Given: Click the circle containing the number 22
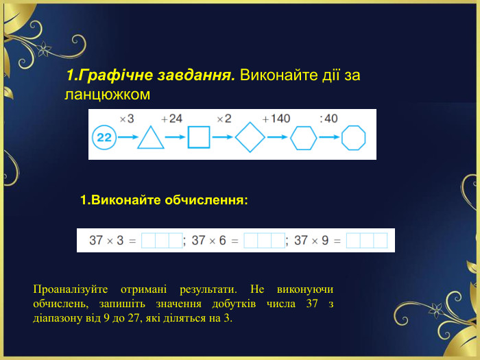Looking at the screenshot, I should (105, 137).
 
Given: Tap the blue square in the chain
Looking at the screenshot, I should (198, 137).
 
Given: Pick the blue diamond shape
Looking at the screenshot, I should (250, 137).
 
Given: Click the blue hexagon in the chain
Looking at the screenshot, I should (302, 137).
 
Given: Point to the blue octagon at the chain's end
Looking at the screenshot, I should (355, 137).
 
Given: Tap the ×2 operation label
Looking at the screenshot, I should (224, 119).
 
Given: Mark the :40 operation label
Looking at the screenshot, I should (328, 119).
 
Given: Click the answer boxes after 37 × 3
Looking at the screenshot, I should (162, 241).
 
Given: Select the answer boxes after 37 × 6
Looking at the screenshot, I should (264, 241).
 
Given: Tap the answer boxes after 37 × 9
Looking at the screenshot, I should (367, 241).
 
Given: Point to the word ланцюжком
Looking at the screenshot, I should (107, 93).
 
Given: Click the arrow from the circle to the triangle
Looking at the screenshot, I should (127, 137).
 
